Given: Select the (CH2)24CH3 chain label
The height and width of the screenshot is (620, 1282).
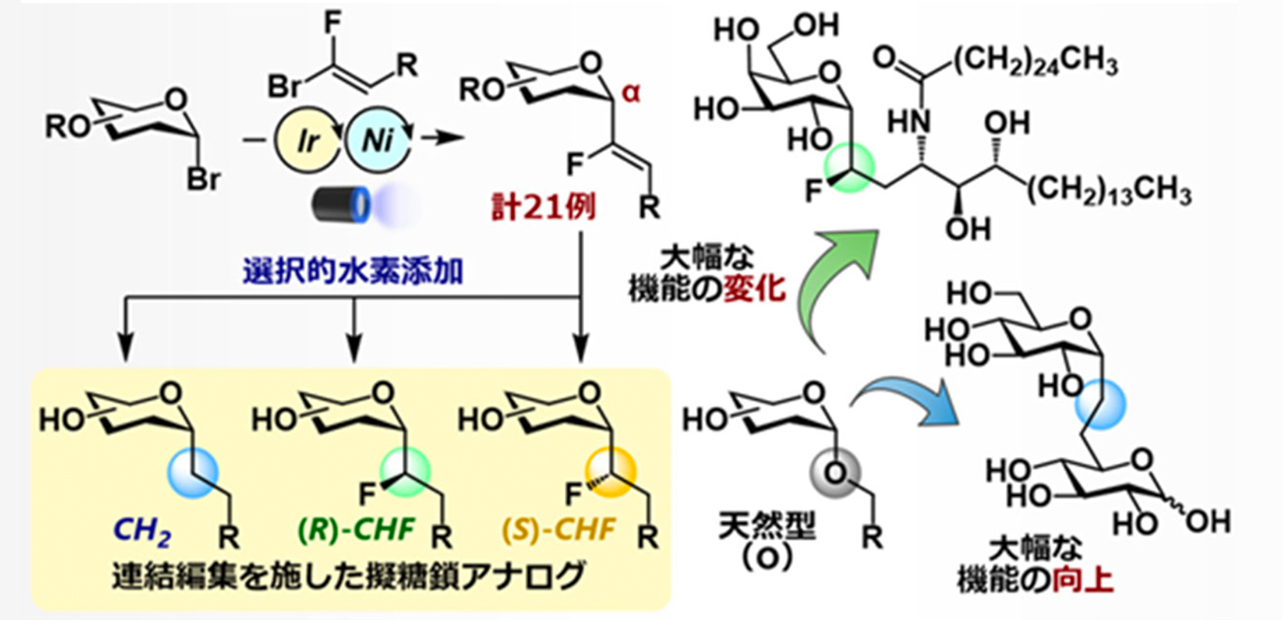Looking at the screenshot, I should pyautogui.click(x=1034, y=65).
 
